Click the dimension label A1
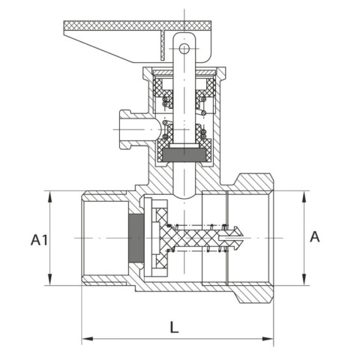(x=39, y=240)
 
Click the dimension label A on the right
(x=315, y=237)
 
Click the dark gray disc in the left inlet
(x=135, y=238)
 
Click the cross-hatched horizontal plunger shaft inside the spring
(x=202, y=238)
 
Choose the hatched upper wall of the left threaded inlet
(x=105, y=194)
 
